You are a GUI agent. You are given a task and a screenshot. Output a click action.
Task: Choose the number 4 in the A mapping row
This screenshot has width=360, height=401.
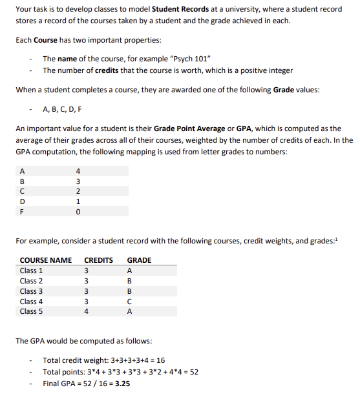click(x=78, y=172)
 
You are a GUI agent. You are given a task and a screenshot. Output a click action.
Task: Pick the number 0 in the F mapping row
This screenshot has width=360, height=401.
click(x=78, y=211)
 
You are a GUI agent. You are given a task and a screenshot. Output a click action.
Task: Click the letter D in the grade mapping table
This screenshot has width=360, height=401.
click(x=23, y=201)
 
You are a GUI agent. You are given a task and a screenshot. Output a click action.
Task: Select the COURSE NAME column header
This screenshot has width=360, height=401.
click(x=46, y=260)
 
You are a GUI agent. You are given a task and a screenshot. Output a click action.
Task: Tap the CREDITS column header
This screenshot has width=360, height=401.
click(x=99, y=260)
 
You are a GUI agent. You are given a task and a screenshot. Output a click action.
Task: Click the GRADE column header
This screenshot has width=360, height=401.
click(x=139, y=260)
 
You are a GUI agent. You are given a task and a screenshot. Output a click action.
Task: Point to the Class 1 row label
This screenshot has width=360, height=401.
click(x=32, y=271)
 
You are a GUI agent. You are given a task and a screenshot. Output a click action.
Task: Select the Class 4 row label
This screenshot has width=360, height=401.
click(x=32, y=301)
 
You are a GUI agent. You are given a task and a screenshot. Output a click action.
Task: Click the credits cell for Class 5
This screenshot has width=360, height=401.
click(x=86, y=311)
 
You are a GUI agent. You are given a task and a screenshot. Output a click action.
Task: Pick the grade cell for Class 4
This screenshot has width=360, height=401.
click(x=130, y=301)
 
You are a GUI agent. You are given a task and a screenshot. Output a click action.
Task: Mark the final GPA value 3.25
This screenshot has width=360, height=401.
click(x=121, y=383)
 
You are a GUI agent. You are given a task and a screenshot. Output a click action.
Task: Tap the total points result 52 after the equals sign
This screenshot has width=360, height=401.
click(x=194, y=372)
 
